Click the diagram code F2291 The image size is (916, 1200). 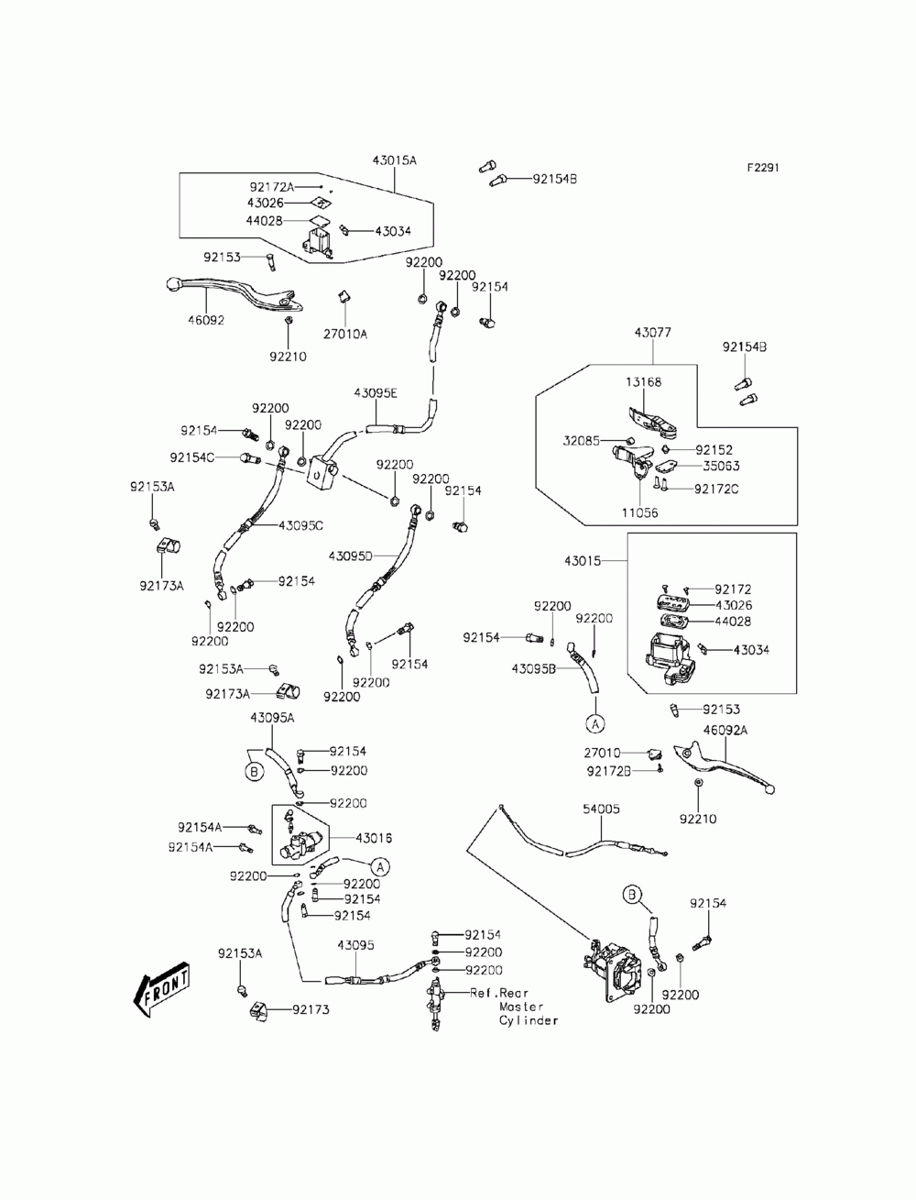762,168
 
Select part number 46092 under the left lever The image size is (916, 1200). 206,320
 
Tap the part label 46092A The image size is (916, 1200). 725,730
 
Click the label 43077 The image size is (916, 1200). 653,333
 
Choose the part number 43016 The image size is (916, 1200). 373,838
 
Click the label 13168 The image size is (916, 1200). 643,382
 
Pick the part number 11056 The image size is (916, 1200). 639,512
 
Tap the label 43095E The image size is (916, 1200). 376,393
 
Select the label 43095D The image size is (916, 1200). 350,556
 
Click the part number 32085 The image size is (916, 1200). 581,441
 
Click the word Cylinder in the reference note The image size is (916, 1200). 529,1020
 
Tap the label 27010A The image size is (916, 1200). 345,334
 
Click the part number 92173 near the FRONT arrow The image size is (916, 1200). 311,1009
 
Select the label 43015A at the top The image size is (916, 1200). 395,160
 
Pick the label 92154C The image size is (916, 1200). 191,457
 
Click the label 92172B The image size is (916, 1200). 609,771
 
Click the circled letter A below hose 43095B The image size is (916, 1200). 595,724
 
